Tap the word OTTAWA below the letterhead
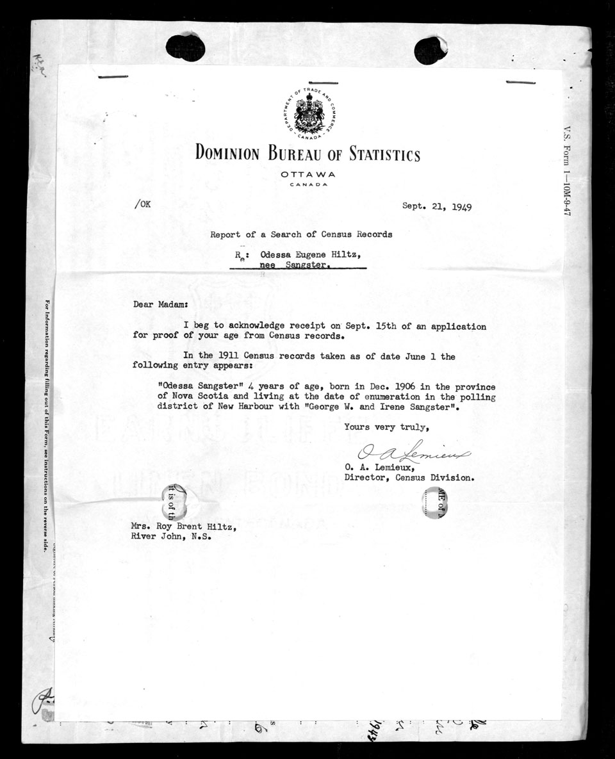(x=307, y=175)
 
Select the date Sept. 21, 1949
(x=441, y=207)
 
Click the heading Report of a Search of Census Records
(x=302, y=234)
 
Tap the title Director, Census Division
(x=409, y=477)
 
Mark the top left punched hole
(x=186, y=47)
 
